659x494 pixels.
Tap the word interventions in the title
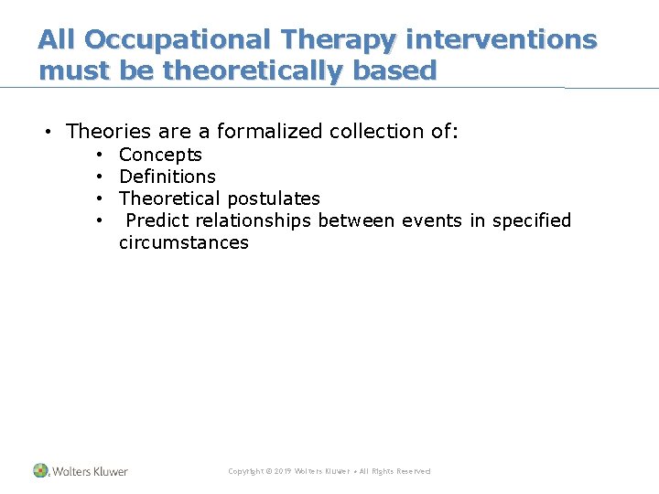click(x=500, y=40)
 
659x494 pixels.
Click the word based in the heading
click(x=394, y=70)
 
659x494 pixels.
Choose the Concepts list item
click(x=160, y=155)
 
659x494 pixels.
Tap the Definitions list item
click(x=167, y=177)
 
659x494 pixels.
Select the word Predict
click(x=157, y=220)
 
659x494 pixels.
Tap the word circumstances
click(x=183, y=242)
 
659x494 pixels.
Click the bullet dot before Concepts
click(x=97, y=155)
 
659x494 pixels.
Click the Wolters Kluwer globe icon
click(x=40, y=470)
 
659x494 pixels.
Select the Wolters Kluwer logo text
click(x=90, y=471)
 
